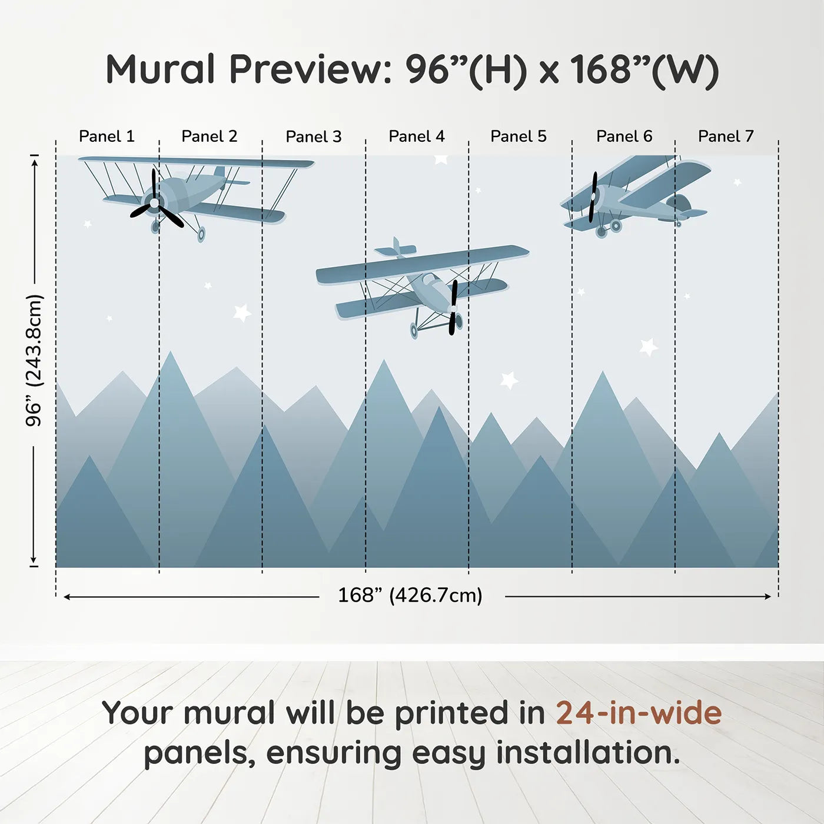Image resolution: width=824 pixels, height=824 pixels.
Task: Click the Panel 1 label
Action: coord(107,137)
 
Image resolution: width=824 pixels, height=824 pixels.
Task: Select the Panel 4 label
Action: coord(417,137)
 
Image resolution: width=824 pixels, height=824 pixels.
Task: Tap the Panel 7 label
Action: coord(726,137)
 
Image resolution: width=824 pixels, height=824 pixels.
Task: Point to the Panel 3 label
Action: coord(313,137)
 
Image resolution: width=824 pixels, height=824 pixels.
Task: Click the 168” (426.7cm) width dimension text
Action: coord(410,595)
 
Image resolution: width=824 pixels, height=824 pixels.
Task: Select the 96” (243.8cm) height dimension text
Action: coord(34,360)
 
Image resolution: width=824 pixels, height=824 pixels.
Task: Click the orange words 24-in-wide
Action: coord(639,713)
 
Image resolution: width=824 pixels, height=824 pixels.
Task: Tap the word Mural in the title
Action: coord(160,69)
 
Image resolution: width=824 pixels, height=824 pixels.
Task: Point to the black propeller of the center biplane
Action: coord(453,307)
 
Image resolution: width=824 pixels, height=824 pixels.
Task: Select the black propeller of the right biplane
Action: coord(593,197)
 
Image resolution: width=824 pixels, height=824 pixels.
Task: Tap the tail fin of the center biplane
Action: coord(396,248)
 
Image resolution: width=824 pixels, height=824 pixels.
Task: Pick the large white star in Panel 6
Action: coord(648,347)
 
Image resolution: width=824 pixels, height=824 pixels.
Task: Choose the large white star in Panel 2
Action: coord(242,312)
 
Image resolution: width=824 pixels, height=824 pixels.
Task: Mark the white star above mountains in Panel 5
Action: coord(509,380)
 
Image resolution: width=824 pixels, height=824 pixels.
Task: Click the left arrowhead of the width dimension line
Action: coord(67,597)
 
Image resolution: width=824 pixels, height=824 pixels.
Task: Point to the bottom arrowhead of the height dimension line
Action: coord(34,560)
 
